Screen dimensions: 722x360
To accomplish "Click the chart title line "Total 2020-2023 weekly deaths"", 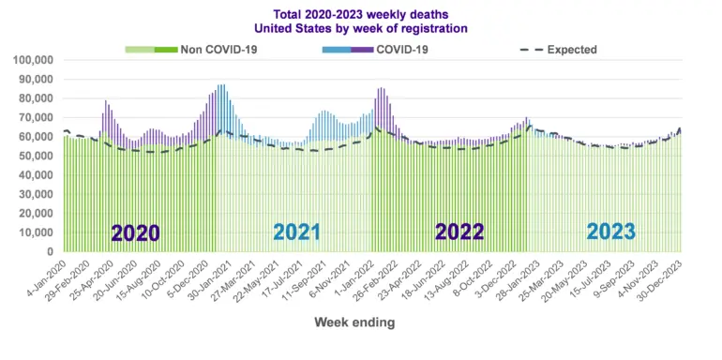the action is tap(361, 14).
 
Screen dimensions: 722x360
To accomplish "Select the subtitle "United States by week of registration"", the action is tap(361, 28).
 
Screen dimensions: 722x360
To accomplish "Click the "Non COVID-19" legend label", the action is tap(218, 50).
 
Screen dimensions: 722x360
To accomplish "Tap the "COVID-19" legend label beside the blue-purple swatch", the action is tap(402, 50).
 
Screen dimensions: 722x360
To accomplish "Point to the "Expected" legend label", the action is tap(572, 50).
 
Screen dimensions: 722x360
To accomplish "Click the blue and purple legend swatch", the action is tap(348, 50).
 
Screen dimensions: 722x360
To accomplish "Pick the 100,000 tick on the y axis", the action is tap(34, 60).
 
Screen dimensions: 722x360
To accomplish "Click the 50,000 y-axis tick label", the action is tap(37, 156).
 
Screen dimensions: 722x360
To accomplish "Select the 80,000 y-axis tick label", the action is tap(37, 98).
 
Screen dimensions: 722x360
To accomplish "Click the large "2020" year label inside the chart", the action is tap(135, 232).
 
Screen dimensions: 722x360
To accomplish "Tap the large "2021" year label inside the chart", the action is tap(297, 232).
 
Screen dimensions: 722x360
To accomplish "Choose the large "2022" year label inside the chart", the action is tap(459, 232).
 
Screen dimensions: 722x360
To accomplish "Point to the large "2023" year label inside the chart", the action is tap(611, 232).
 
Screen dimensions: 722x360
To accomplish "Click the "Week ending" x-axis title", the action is tap(354, 322).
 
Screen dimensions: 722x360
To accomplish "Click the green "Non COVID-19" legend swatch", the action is tap(151, 50).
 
